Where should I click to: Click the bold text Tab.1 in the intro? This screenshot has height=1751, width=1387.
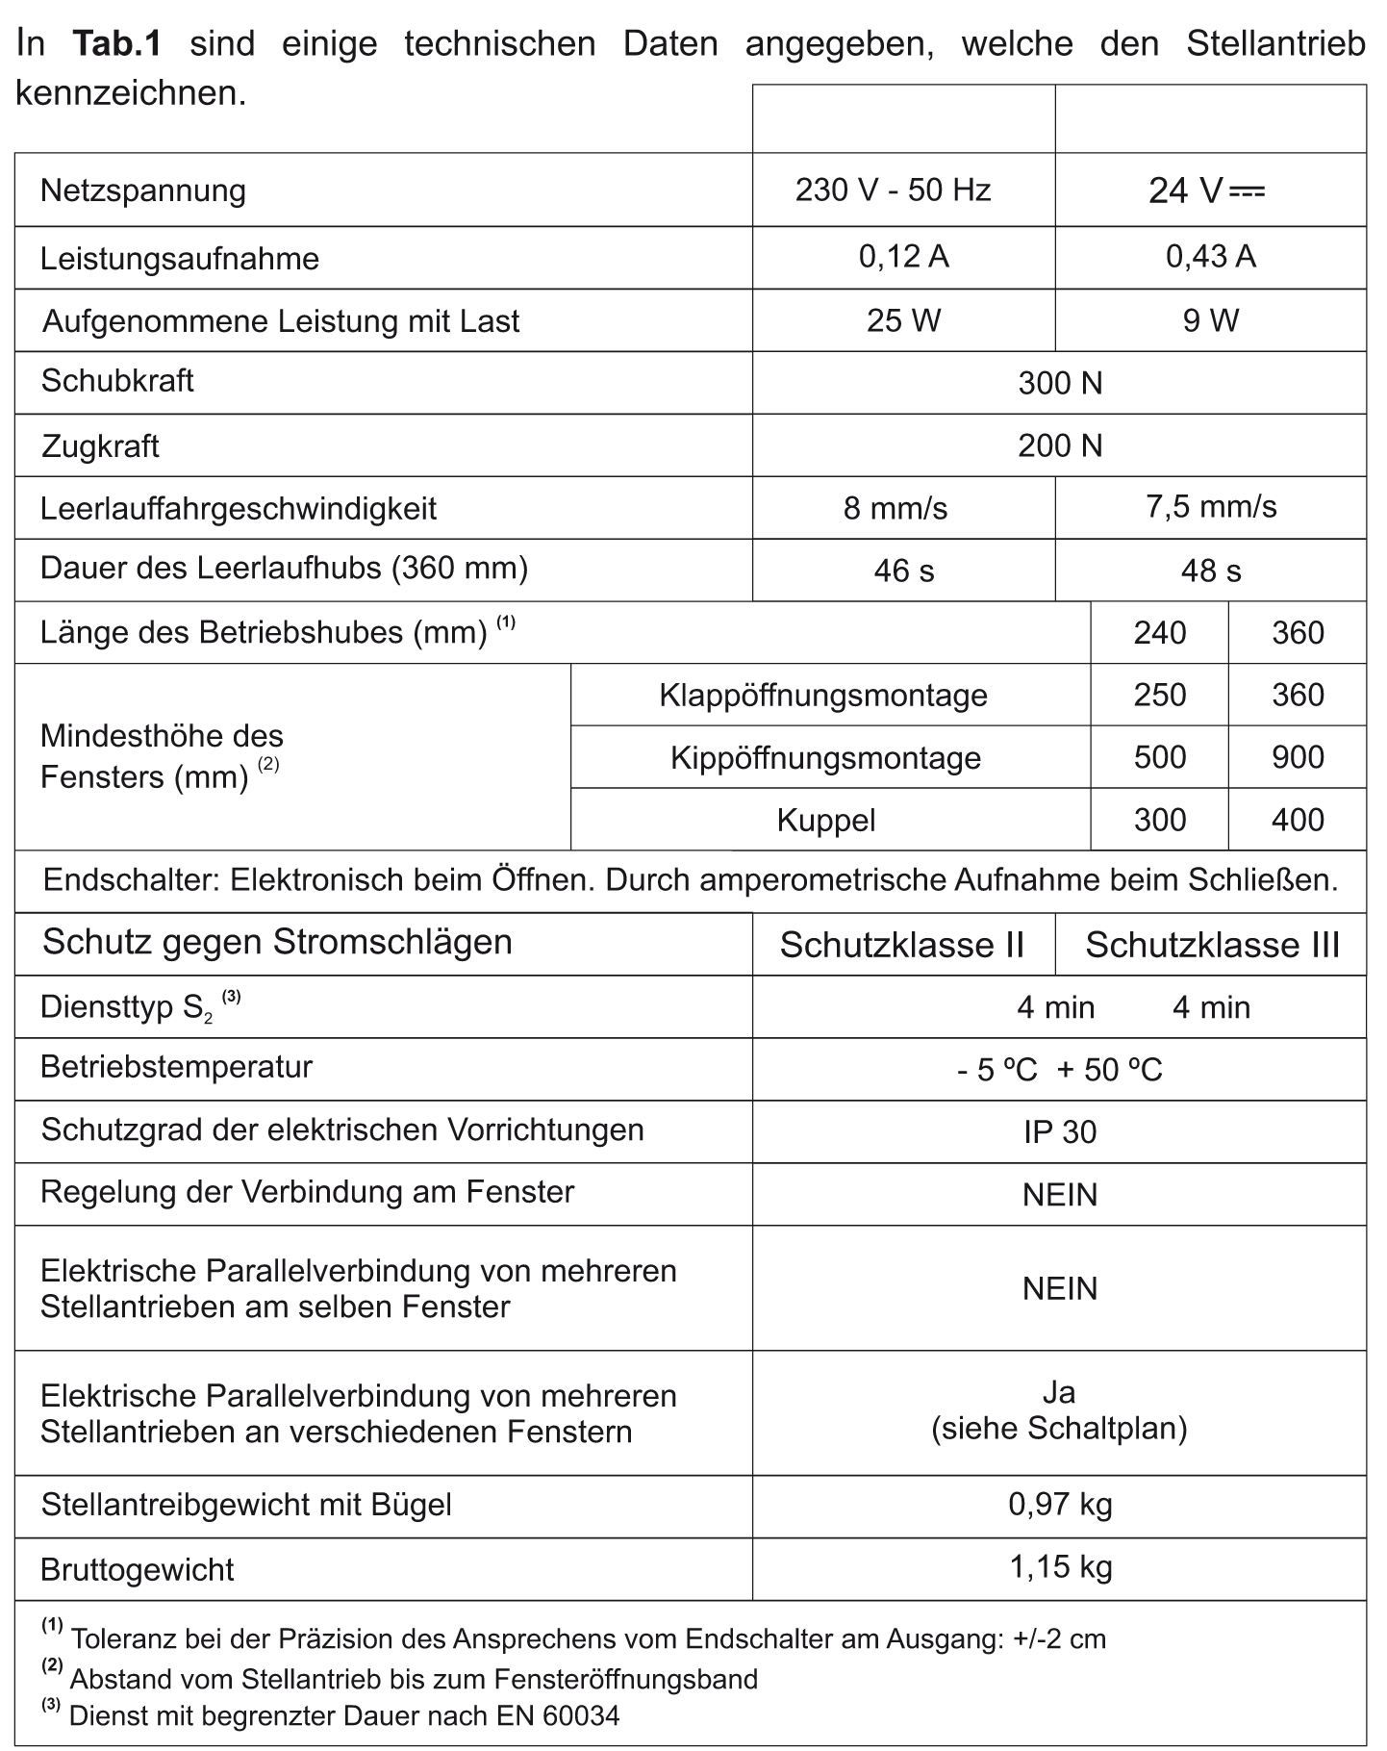point(116,44)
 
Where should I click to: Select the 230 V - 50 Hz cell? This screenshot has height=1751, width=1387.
point(893,190)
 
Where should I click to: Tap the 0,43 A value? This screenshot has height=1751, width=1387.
point(1210,257)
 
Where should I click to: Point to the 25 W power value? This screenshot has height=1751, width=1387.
point(903,320)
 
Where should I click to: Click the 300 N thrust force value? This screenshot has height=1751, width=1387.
point(1060,383)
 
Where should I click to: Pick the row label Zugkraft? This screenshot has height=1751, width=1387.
point(100,446)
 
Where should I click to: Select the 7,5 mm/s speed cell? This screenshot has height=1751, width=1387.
point(1210,507)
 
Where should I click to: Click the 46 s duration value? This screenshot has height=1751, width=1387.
point(903,571)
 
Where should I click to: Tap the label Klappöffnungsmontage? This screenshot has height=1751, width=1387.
point(823,695)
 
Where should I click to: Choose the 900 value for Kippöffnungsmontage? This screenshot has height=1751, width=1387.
point(1298,757)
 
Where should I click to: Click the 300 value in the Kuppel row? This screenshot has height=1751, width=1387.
point(1159,820)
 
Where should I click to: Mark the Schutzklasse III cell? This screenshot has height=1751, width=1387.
point(1212,945)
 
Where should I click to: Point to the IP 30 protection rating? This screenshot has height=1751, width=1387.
point(1060,1132)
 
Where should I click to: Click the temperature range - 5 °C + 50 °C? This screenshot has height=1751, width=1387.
point(1060,1070)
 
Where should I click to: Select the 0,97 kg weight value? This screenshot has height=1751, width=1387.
point(1060,1504)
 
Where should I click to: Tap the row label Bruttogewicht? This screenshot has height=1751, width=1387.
point(137,1570)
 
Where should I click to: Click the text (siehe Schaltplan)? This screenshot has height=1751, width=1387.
point(1059,1429)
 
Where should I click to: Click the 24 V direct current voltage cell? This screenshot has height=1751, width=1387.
point(1206,190)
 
